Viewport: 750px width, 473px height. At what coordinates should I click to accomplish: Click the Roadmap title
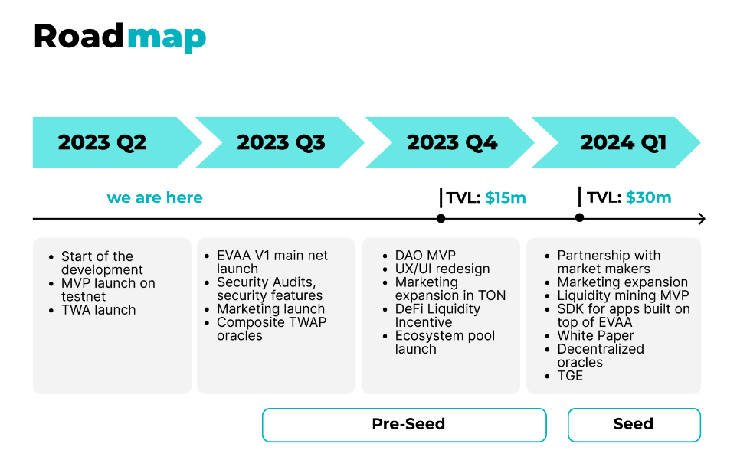click(x=120, y=38)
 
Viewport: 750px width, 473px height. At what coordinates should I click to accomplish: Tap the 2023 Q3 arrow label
click(x=281, y=142)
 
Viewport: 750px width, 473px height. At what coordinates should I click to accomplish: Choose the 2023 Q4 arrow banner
click(x=450, y=142)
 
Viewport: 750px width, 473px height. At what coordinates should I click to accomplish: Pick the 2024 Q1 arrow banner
click(x=616, y=142)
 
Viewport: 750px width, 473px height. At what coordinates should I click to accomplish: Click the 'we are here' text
click(x=155, y=197)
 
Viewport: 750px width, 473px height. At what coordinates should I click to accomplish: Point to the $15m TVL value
click(x=506, y=197)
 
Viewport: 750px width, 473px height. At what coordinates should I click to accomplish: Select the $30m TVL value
click(x=649, y=197)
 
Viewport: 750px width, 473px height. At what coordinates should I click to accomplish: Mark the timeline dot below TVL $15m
click(x=441, y=218)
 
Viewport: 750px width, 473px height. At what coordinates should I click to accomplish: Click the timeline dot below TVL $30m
click(x=579, y=218)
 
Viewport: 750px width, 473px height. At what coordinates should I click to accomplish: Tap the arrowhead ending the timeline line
click(x=703, y=219)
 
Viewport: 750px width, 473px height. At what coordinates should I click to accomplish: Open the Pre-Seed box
click(x=404, y=425)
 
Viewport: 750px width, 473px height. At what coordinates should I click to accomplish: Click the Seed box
click(x=634, y=425)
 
